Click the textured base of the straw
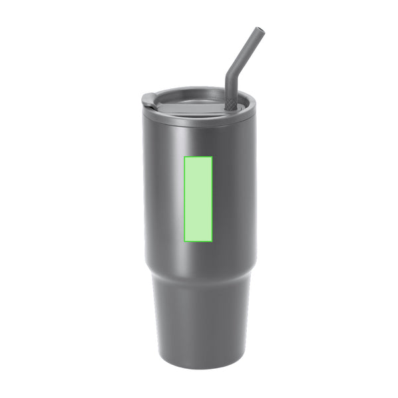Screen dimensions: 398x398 [230, 103]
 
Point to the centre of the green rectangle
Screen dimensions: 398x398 [198, 198]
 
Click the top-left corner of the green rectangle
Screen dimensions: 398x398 [184, 157]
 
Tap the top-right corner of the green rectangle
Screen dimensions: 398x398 [212, 157]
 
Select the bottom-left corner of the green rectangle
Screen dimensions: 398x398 [184, 239]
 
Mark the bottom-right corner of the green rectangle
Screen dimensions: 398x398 [212, 239]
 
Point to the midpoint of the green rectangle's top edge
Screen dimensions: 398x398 [198, 157]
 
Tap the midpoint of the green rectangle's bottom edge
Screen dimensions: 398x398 [198, 239]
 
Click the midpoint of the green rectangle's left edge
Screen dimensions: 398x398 [184, 198]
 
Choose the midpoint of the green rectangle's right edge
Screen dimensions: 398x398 [212, 198]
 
